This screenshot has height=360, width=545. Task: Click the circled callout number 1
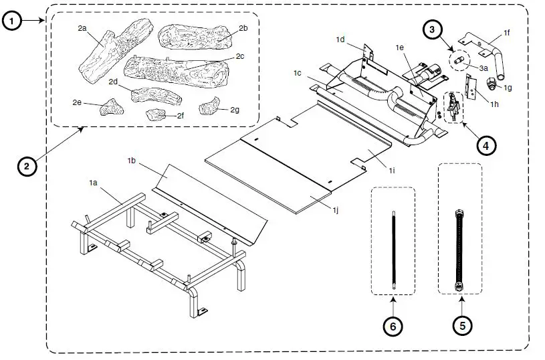pyautogui.click(x=13, y=21)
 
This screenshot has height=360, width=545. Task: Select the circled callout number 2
pyautogui.click(x=26, y=167)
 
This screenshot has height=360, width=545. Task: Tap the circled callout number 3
pyautogui.click(x=433, y=29)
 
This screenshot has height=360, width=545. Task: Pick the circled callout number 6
pyautogui.click(x=393, y=326)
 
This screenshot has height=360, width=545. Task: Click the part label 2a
pyautogui.click(x=82, y=28)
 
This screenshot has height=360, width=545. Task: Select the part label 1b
pyautogui.click(x=132, y=161)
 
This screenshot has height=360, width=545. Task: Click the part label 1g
pyautogui.click(x=508, y=87)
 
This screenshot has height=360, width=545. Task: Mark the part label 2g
pyautogui.click(x=234, y=109)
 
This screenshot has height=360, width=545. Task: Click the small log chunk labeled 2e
pyautogui.click(x=107, y=108)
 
